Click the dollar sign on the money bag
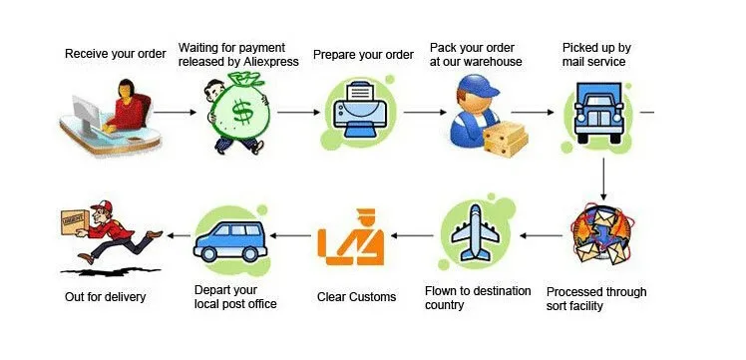pyautogui.click(x=242, y=112)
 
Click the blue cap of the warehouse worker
pyautogui.click(x=477, y=85)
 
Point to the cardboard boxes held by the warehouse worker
pyautogui.click(x=506, y=139)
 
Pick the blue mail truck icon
pyautogui.click(x=598, y=113)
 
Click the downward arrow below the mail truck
pyautogui.click(x=603, y=179)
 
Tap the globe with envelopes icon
pyautogui.click(x=600, y=234)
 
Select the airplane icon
pyautogui.click(x=475, y=233)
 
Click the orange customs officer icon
pyautogui.click(x=351, y=237)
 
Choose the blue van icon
pyautogui.click(x=230, y=241)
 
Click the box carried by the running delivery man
pyautogui.click(x=75, y=222)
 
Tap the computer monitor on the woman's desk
pyautogui.click(x=86, y=114)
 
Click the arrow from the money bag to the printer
pyautogui.click(x=298, y=113)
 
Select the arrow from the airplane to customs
pyautogui.click(x=412, y=235)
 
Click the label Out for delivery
pyautogui.click(x=105, y=297)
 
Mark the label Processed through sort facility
pyautogui.click(x=596, y=298)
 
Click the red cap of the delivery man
pyautogui.click(x=103, y=205)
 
